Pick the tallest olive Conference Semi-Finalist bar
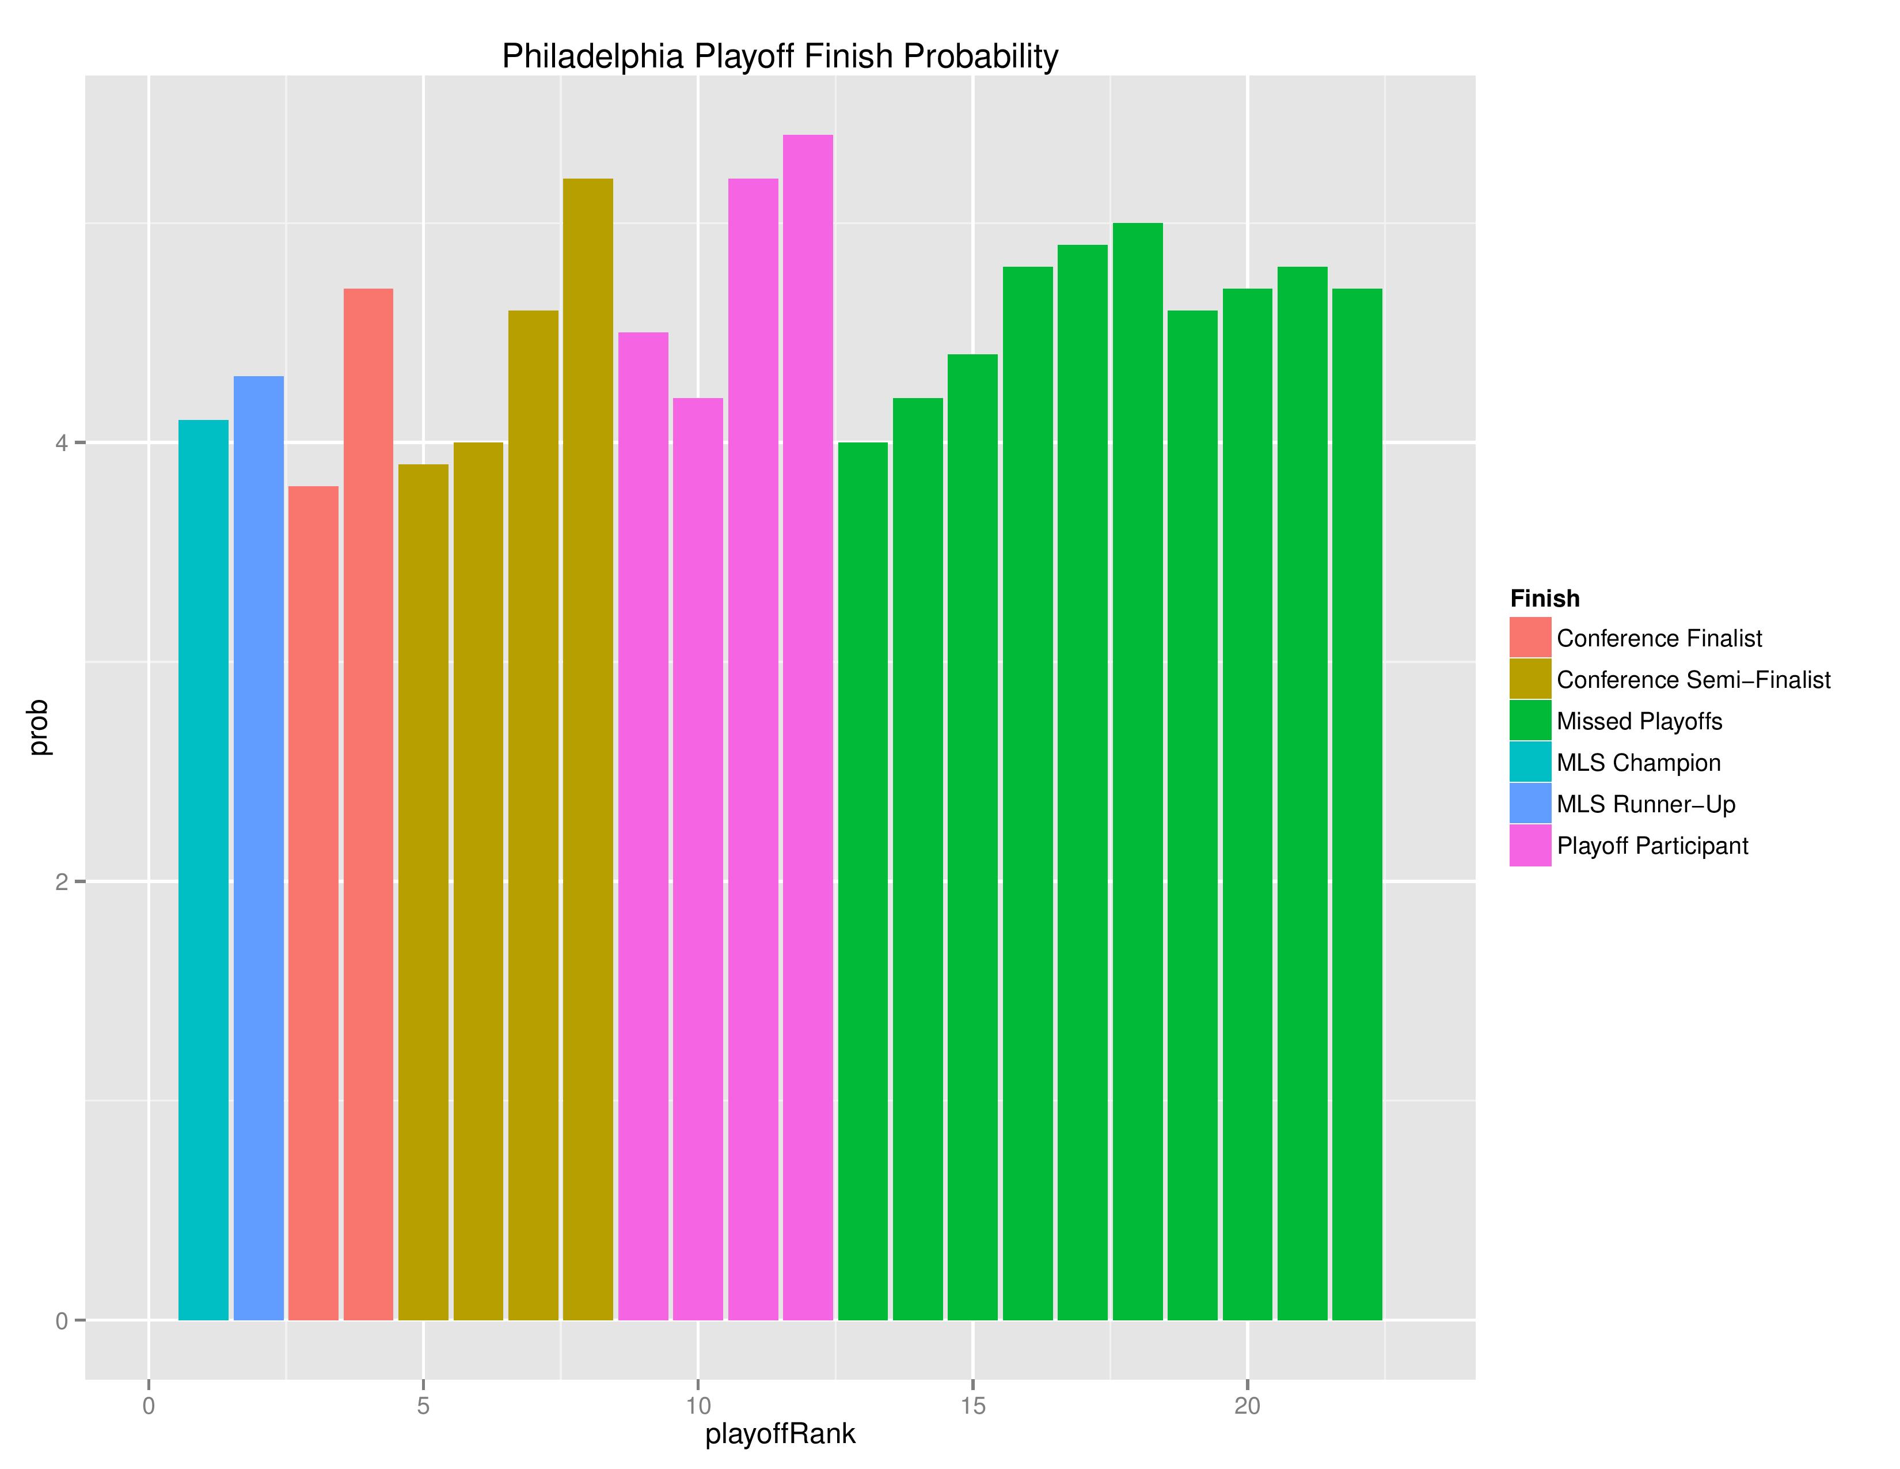coord(588,748)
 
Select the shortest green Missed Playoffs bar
coord(863,880)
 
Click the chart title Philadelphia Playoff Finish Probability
coord(780,56)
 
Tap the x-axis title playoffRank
coord(780,1433)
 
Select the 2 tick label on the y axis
coord(61,881)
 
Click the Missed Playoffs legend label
coord(1639,721)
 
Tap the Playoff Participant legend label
coord(1652,846)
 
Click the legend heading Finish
coord(1544,599)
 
